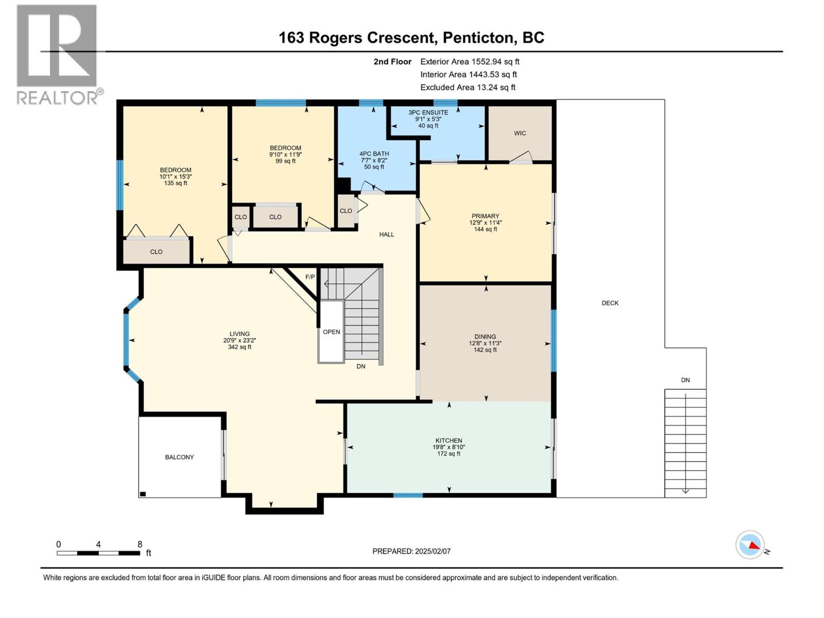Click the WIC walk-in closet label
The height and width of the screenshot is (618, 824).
click(x=520, y=133)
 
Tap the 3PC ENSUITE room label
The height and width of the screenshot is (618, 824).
click(x=428, y=112)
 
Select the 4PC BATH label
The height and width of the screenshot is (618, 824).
click(x=374, y=153)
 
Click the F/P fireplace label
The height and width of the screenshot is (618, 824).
click(x=310, y=277)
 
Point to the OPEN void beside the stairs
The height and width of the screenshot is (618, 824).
click(x=331, y=332)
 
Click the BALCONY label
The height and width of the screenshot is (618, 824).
click(x=179, y=457)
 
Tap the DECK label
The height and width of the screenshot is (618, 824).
click(x=610, y=303)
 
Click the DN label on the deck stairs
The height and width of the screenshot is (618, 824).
click(x=685, y=380)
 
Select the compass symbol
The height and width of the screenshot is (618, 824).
click(x=750, y=545)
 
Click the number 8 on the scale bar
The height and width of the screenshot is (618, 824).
click(x=140, y=544)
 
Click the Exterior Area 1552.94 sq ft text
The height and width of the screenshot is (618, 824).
click(x=470, y=62)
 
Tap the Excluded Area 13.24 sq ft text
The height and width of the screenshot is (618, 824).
click(x=468, y=88)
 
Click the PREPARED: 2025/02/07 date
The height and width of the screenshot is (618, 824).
click(x=411, y=551)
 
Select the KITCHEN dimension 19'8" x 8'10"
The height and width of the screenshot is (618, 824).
click(x=449, y=448)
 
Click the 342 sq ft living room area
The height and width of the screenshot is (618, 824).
click(x=239, y=347)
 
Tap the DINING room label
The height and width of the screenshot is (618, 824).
click(x=485, y=337)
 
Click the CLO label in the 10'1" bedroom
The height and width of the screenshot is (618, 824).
click(x=156, y=252)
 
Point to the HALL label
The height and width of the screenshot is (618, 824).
click(x=386, y=235)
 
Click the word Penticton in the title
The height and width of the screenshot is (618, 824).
click(x=478, y=38)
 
